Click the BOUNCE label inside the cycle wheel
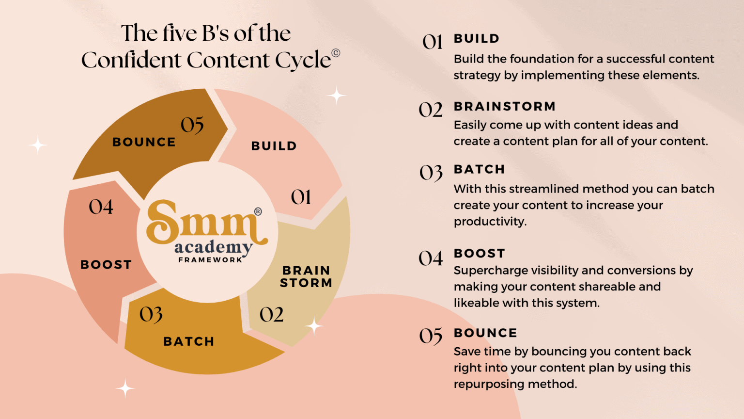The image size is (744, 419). [x=144, y=142]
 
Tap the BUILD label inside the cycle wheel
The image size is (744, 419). [x=274, y=146]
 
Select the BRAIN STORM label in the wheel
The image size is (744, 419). [x=306, y=277]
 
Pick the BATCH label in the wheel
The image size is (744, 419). [x=188, y=341]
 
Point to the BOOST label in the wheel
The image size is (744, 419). [x=106, y=265]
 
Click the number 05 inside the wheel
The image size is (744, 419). [x=192, y=125]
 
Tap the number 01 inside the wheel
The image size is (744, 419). [x=301, y=197]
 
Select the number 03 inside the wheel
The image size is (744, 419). [x=151, y=315]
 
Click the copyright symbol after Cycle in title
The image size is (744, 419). [x=336, y=53]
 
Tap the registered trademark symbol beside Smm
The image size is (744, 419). [x=258, y=211]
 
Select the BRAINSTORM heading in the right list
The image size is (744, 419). [x=505, y=106]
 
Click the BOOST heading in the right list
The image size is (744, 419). [x=479, y=254]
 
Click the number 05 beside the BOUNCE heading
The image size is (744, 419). [x=431, y=336]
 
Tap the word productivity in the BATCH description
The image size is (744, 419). [x=490, y=222]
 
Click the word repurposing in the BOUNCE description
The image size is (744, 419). [x=489, y=385]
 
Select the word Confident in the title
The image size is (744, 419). [x=132, y=60]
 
